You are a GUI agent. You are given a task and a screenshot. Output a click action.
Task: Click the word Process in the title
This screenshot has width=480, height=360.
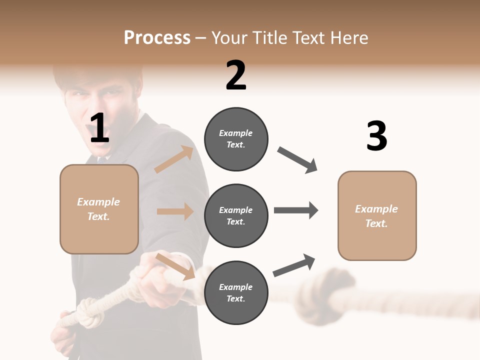point(157,38)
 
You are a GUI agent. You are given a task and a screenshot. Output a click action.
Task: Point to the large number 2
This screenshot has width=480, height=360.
point(236,75)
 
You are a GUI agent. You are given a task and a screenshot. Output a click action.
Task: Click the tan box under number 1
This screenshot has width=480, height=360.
point(99,209)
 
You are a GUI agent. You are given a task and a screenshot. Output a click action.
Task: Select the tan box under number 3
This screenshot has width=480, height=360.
point(377,215)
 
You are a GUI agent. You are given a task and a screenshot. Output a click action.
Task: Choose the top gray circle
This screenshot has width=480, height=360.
point(236,139)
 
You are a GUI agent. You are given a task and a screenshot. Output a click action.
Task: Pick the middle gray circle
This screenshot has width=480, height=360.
point(236,216)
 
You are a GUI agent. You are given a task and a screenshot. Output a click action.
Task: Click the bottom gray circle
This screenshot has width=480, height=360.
point(236,293)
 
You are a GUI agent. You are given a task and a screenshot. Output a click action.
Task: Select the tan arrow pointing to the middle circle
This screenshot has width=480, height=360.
point(175,211)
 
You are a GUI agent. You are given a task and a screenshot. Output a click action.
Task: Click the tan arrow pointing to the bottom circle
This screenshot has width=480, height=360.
point(175,266)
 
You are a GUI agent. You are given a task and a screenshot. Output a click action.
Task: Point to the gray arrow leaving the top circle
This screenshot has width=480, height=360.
point(297,160)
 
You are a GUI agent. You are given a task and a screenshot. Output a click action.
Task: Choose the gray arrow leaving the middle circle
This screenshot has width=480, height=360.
point(295,210)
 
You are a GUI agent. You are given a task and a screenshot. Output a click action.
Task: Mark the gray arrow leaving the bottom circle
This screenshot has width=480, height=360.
point(294,265)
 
